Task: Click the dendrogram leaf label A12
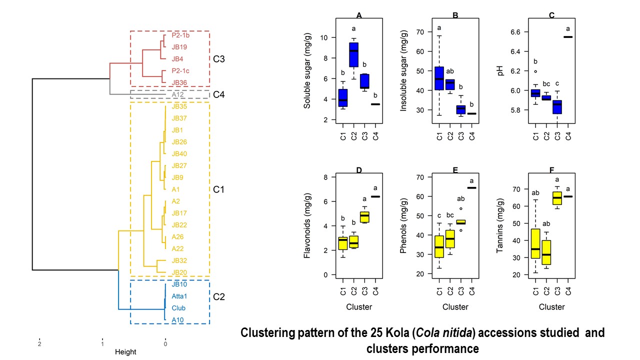coord(176,94)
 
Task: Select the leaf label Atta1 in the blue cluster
coord(179,296)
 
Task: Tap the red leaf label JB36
coord(180,82)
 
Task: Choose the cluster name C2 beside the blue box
coord(219,297)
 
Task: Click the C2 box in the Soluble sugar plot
coord(353,54)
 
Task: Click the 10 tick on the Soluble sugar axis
coord(324,37)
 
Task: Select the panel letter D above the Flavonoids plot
coord(359,170)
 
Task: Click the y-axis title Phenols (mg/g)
coord(404,225)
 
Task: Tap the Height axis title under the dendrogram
coord(125,352)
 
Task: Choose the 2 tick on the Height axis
coord(39,343)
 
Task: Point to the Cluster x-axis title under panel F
coord(552,307)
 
